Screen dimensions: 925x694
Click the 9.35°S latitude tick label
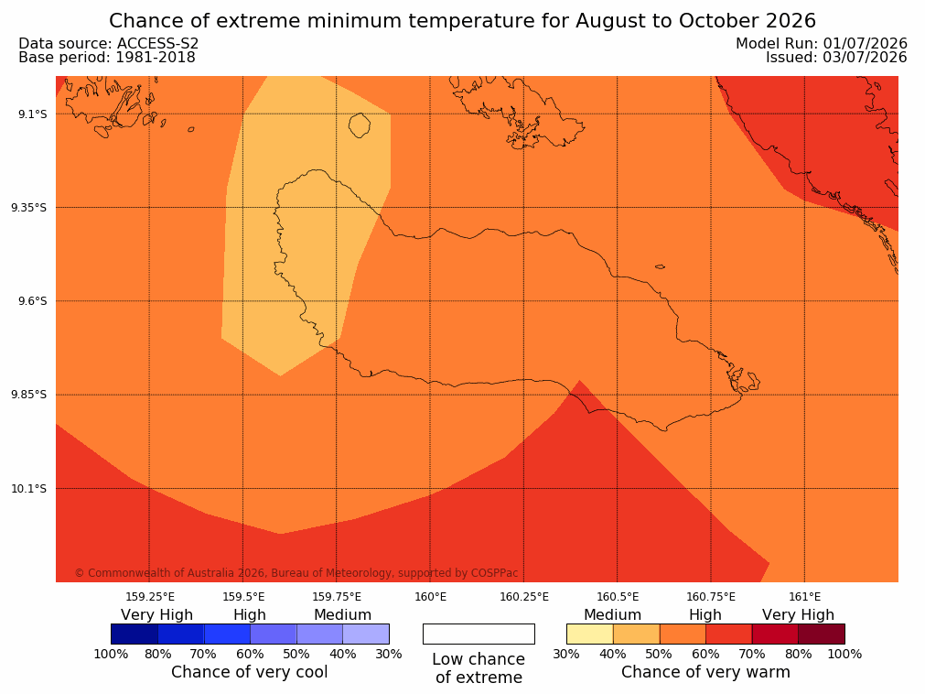click(x=29, y=207)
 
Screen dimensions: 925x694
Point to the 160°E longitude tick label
click(x=430, y=597)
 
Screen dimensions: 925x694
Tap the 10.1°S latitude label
click(x=29, y=489)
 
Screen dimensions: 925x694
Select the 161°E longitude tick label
click(x=804, y=597)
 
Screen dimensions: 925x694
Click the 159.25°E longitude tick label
click(x=150, y=597)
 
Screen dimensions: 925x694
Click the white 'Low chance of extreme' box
click(x=479, y=634)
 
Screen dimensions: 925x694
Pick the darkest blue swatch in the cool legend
click(x=134, y=634)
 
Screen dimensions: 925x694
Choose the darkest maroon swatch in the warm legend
click(x=822, y=634)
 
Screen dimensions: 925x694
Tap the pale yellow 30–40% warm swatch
click(x=590, y=634)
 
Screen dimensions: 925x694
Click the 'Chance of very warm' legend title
click(x=705, y=672)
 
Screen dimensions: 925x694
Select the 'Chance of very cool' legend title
click(x=250, y=672)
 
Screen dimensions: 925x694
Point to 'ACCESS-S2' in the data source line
click(x=158, y=44)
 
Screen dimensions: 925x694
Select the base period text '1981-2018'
click(x=156, y=58)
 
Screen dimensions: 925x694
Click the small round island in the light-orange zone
click(x=360, y=125)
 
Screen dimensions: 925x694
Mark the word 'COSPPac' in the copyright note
click(x=494, y=573)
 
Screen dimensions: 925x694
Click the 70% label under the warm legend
click(x=751, y=654)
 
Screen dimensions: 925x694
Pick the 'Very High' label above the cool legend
click(x=157, y=615)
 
